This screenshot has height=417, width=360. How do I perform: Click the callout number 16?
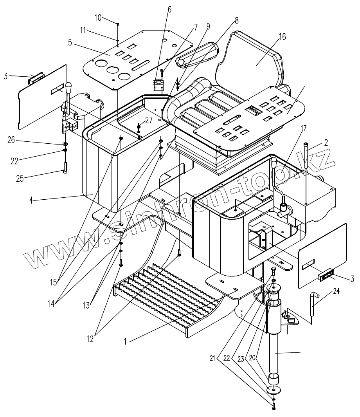coord(282,37)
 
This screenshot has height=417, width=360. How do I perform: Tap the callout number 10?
coord(98,17)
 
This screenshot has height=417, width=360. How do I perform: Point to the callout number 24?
coord(337,291)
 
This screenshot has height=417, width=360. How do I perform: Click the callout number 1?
coord(125,341)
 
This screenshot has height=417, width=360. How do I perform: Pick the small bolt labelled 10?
coord(117,24)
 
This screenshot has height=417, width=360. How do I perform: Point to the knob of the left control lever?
coord(69,86)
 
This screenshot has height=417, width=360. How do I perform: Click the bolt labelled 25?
coord(65,167)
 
